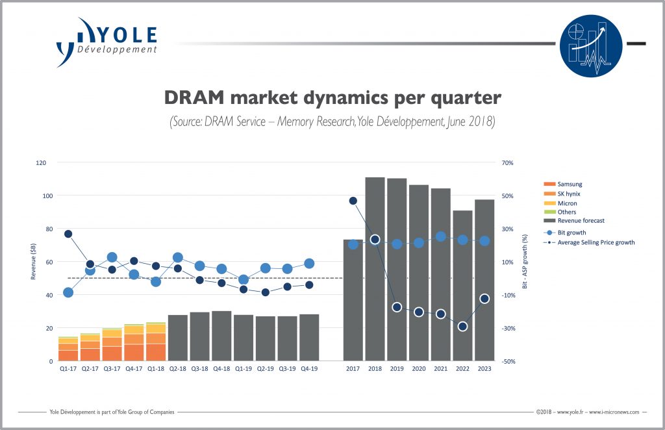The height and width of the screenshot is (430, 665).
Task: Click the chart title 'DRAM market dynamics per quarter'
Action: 332,97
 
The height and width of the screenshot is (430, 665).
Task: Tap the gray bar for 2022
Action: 462,285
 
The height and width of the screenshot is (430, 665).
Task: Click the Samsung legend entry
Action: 570,184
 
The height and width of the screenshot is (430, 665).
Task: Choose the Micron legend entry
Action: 567,203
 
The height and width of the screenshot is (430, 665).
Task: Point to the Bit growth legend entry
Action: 571,232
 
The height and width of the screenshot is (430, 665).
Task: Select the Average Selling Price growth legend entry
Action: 594,242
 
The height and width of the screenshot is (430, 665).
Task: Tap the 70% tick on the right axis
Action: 508,162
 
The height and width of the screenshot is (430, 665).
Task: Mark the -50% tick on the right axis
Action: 508,360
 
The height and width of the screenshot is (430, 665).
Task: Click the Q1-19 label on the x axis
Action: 243,369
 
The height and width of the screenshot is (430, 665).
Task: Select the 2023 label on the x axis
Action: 484,369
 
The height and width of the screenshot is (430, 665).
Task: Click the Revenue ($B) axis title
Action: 33,262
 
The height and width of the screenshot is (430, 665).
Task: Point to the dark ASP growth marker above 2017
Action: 353,201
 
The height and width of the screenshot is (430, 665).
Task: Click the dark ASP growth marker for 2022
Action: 462,326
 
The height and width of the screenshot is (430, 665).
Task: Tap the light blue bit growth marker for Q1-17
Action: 68,292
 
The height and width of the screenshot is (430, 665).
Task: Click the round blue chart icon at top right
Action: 590,45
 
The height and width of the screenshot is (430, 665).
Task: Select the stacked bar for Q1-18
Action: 155,341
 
